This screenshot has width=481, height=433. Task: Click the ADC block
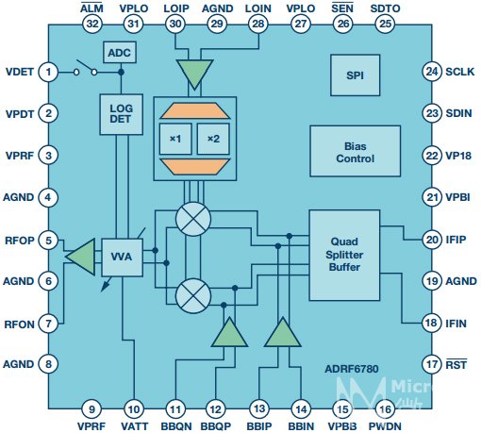pyautogui.click(x=120, y=52)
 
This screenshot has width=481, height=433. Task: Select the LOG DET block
pyautogui.click(x=122, y=114)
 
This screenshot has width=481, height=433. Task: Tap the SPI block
pyautogui.click(x=355, y=75)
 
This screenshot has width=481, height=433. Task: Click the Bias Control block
pyautogui.click(x=355, y=151)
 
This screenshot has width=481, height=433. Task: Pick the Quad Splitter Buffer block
pyautogui.click(x=344, y=255)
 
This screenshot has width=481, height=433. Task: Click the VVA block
pyautogui.click(x=122, y=257)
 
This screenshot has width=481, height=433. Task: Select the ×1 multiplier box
pyautogui.click(x=175, y=139)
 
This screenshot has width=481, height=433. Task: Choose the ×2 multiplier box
pyautogui.click(x=213, y=139)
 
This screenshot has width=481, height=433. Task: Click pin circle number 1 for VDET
pyautogui.click(x=48, y=72)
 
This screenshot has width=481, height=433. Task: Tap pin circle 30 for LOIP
pyautogui.click(x=175, y=24)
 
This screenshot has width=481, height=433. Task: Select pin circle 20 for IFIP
pyautogui.click(x=432, y=240)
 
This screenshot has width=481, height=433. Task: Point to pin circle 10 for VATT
pyautogui.click(x=134, y=409)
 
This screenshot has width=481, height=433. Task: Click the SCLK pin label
pyautogui.click(x=459, y=72)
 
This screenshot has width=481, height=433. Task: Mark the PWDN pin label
pyautogui.click(x=385, y=426)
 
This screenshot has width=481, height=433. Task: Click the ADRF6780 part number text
pyautogui.click(x=352, y=369)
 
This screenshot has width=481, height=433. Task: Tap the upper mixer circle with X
pyautogui.click(x=193, y=219)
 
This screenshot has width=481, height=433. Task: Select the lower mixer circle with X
pyautogui.click(x=193, y=296)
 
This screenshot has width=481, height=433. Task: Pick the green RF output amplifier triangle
pyautogui.click(x=81, y=257)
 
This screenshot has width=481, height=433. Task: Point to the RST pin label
pyautogui.click(x=456, y=365)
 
